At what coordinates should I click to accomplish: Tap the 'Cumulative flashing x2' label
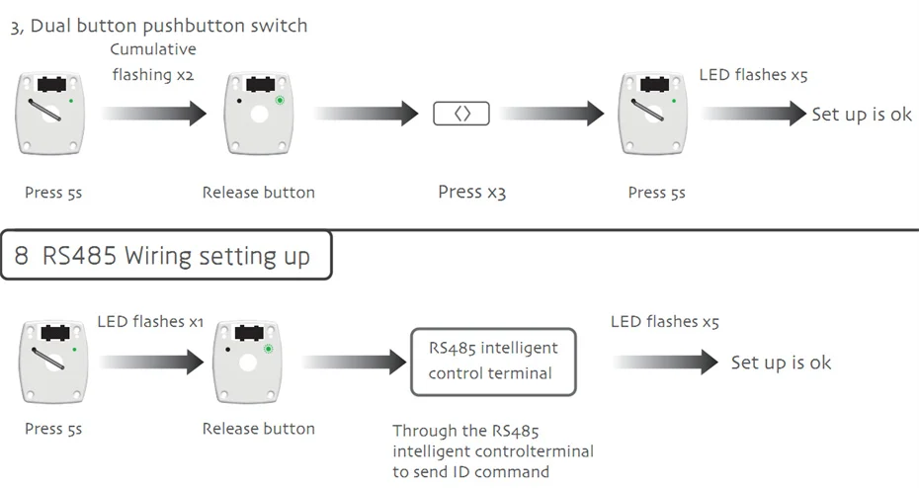pyautogui.click(x=152, y=61)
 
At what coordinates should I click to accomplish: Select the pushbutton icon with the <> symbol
pyautogui.click(x=461, y=114)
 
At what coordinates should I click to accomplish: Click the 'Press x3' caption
pyautogui.click(x=471, y=192)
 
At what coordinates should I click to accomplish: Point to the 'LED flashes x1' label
pyautogui.click(x=150, y=322)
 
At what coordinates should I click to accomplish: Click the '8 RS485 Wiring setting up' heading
pyautogui.click(x=162, y=257)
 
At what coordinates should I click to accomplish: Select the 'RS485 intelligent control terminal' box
pyautogui.click(x=493, y=362)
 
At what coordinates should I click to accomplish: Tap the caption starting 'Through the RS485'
pyautogui.click(x=493, y=450)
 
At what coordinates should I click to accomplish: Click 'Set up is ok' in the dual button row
pyautogui.click(x=862, y=115)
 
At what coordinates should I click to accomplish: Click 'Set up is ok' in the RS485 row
pyautogui.click(x=781, y=363)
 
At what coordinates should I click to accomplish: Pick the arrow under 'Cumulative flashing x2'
pyautogui.click(x=153, y=114)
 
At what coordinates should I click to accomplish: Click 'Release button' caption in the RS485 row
pyautogui.click(x=258, y=429)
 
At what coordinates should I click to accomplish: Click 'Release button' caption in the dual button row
pyautogui.click(x=258, y=193)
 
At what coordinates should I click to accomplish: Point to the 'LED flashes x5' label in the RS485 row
pyautogui.click(x=664, y=322)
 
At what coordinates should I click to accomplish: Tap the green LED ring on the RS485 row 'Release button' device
pyautogui.click(x=269, y=349)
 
